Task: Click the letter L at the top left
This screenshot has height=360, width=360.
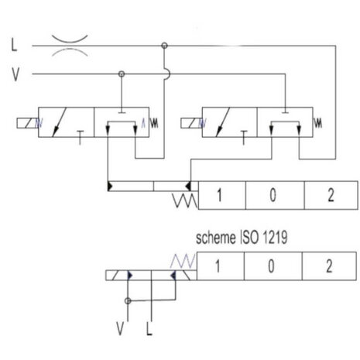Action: coord(14,45)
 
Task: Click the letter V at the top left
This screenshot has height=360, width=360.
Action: coord(15,74)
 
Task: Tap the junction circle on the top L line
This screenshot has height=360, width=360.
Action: coord(164,46)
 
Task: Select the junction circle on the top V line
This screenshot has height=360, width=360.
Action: coord(122,74)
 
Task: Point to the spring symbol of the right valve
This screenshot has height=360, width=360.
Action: coord(319,123)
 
